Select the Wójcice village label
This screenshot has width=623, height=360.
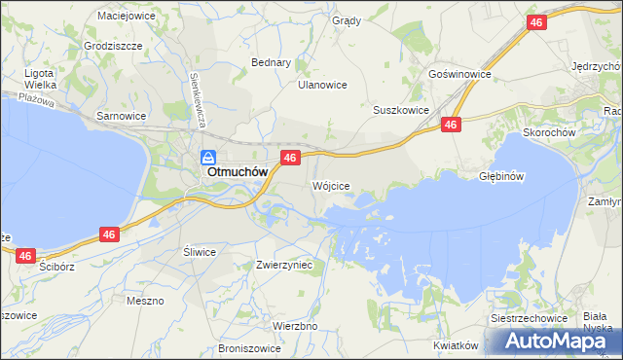click(331, 185)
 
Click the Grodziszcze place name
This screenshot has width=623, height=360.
click(114, 46)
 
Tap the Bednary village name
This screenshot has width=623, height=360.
click(272, 62)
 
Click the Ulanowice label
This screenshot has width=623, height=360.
click(322, 85)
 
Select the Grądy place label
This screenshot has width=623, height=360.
click(346, 20)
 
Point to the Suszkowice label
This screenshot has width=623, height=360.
click(401, 110)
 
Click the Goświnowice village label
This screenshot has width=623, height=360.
click(459, 74)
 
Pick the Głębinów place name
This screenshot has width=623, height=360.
click(502, 176)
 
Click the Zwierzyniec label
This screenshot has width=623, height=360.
click(283, 264)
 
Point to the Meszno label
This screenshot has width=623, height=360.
click(145, 301)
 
